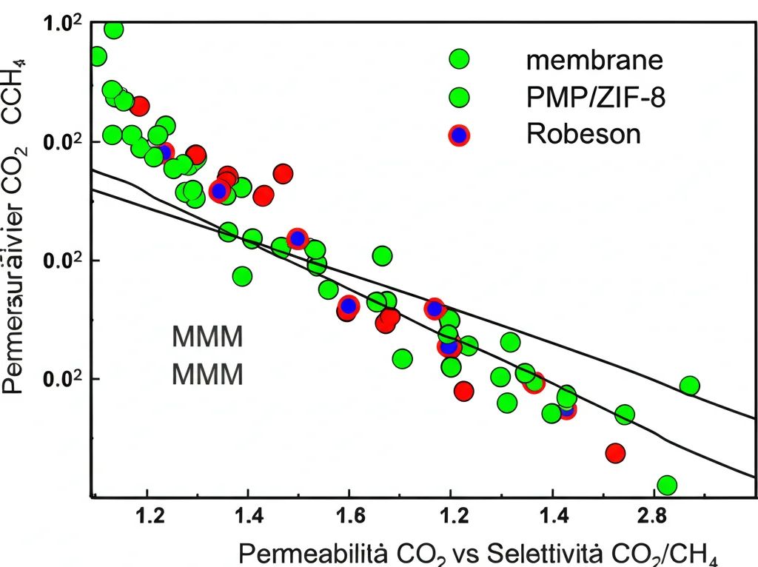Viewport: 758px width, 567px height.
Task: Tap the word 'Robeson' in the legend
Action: tap(583, 134)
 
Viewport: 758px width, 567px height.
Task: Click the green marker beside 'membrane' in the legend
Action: tap(460, 59)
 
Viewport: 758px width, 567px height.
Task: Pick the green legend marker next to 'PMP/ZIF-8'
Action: tap(460, 97)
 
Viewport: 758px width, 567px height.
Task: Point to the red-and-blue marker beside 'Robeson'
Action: tap(460, 135)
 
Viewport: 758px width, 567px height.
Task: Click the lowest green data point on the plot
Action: tap(666, 486)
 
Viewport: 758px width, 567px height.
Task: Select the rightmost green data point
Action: tap(690, 386)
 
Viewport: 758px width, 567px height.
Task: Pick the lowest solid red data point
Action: tap(615, 452)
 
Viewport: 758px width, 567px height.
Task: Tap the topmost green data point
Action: tap(114, 30)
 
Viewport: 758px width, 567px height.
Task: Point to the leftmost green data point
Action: tap(97, 56)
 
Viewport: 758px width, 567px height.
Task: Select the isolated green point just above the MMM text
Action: tap(242, 277)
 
